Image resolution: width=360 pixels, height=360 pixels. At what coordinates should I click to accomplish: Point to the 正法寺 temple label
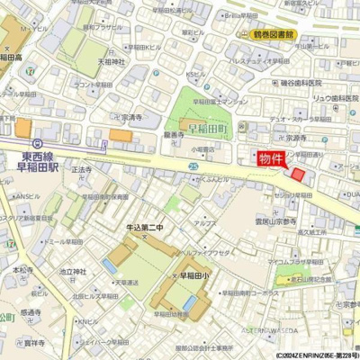(x=83, y=170)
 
